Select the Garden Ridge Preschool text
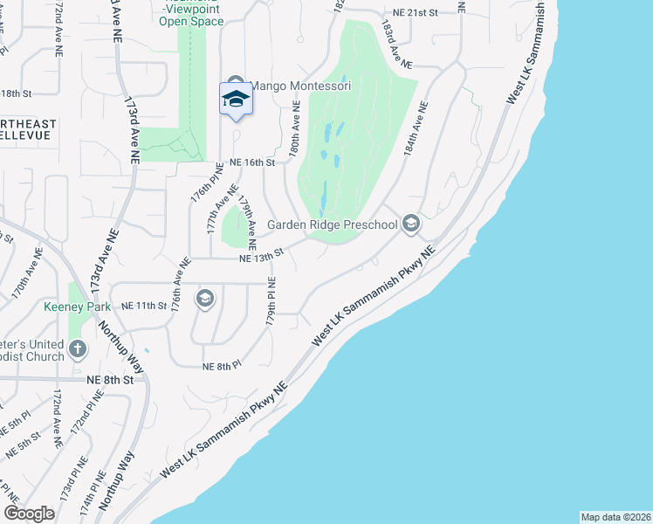333,224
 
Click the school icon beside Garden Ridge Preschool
411,224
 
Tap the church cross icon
78,349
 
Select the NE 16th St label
252,162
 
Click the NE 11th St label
144,306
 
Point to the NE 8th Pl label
220,367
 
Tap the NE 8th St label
111,380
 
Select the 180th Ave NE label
296,125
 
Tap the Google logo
30,514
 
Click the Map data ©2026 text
615,516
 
